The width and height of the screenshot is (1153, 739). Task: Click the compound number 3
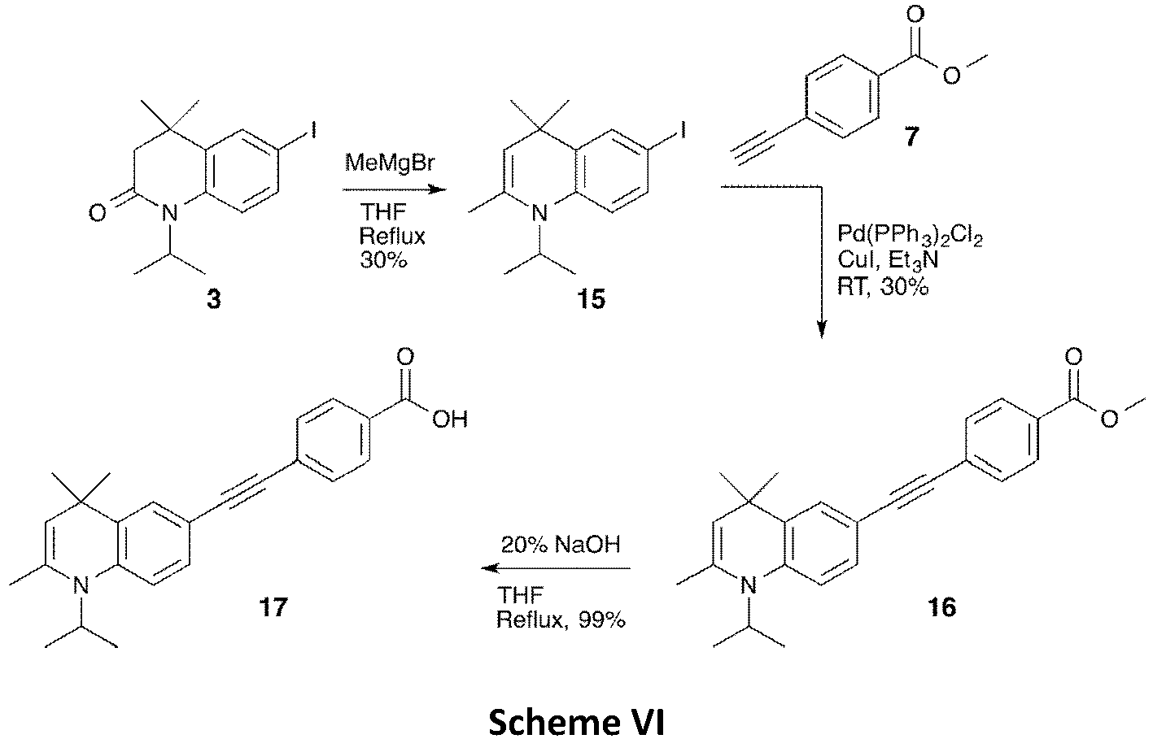point(214,299)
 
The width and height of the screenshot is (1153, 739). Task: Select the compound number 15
point(591,299)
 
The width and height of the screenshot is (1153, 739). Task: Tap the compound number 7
point(911,137)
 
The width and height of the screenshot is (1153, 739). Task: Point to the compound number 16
point(941,607)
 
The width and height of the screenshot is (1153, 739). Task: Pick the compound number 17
point(273,607)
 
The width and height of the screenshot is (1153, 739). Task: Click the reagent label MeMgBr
point(390,163)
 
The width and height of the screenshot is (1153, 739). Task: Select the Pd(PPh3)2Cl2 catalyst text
point(910,237)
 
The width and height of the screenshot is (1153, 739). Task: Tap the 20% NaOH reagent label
point(561,545)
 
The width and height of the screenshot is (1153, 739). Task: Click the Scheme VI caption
point(576,722)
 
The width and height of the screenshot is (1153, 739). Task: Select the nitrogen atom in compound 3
point(169,212)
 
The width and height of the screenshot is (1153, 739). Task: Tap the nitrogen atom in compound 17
point(79,585)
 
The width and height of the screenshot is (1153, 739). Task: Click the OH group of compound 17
point(450,419)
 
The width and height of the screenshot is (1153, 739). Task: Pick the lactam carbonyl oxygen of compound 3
point(97,212)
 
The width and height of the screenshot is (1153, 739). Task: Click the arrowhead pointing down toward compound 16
point(822,328)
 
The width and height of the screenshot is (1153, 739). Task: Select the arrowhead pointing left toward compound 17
point(490,568)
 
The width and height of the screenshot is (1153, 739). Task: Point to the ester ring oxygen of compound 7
point(952,76)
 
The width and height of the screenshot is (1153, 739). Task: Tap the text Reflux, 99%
point(561,620)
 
